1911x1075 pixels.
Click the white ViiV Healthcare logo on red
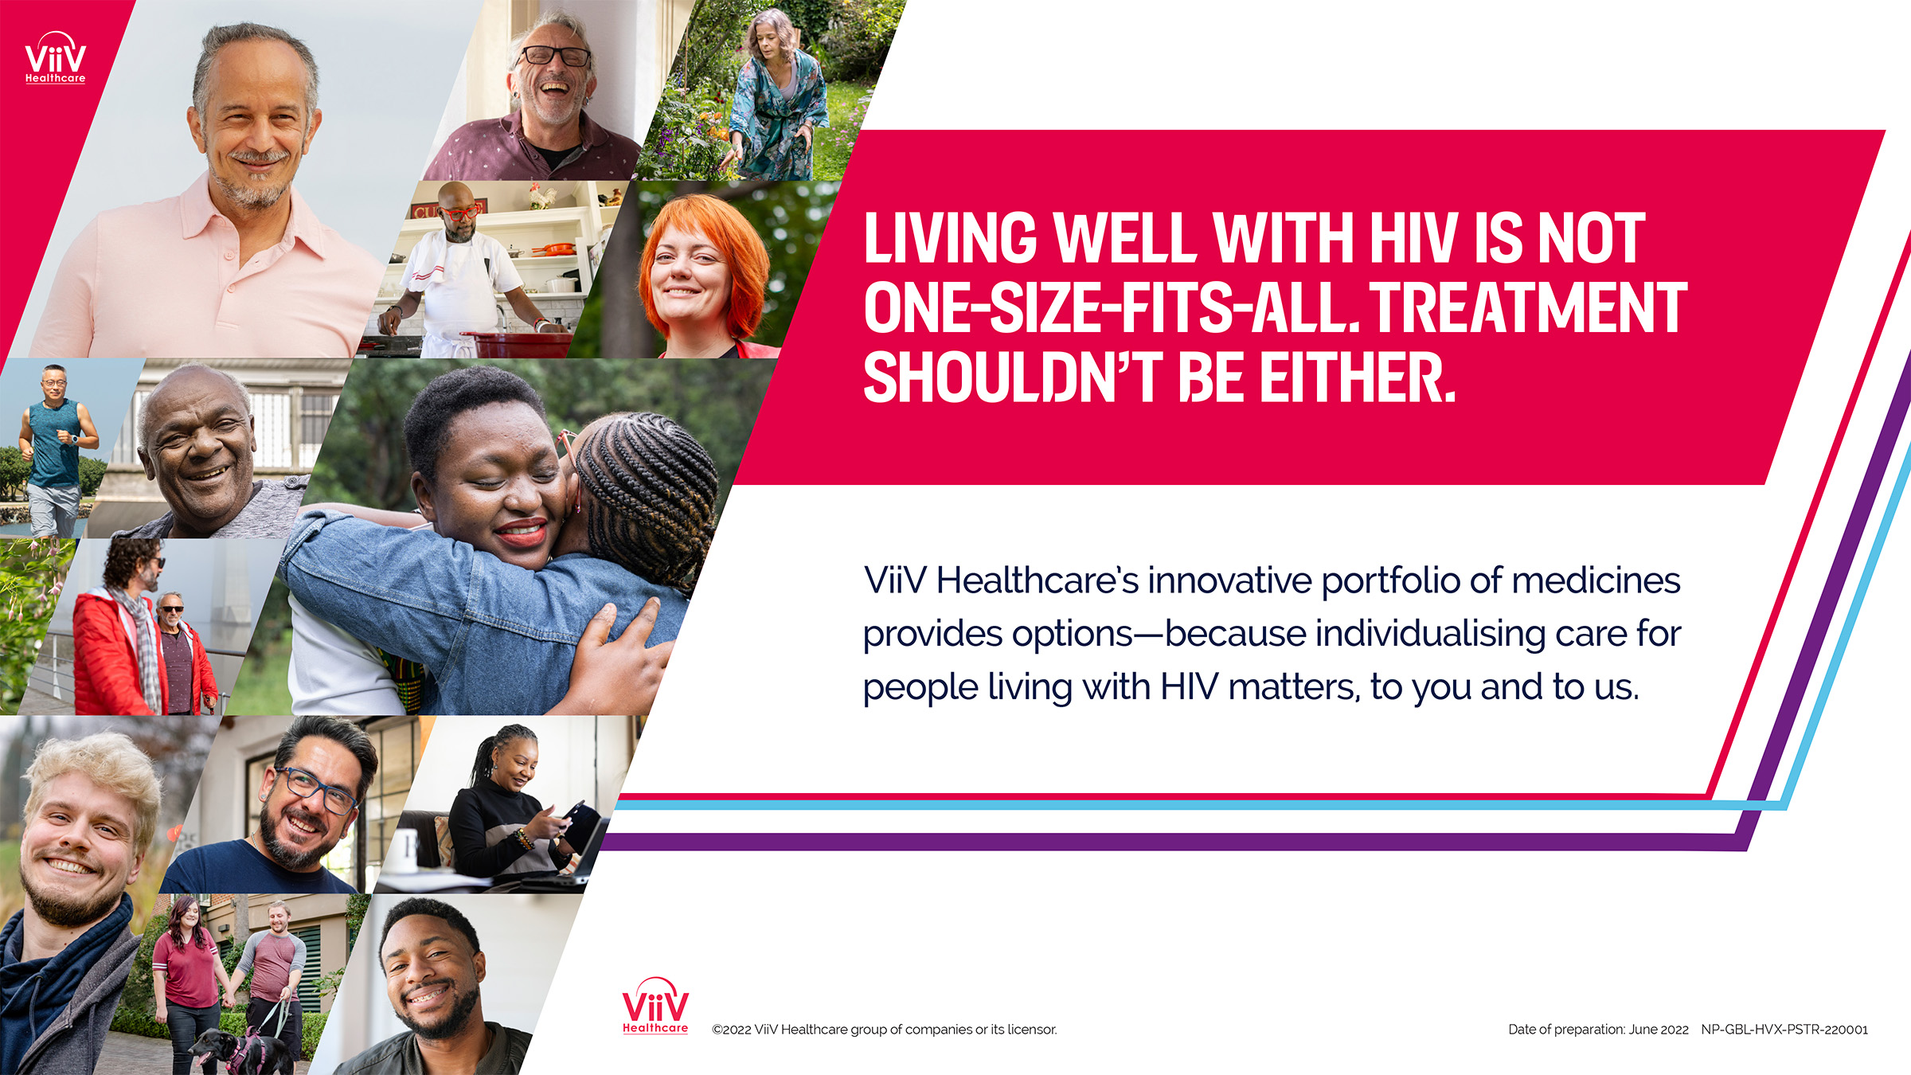(x=55, y=58)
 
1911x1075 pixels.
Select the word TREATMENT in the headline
(x=1527, y=307)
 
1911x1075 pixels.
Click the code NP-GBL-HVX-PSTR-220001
(x=1784, y=1030)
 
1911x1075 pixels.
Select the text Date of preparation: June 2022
(x=1598, y=1030)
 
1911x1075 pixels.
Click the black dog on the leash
(x=239, y=1050)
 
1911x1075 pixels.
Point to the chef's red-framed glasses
(x=461, y=213)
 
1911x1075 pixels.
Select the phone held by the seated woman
(x=576, y=810)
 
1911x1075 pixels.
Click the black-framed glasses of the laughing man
(x=555, y=57)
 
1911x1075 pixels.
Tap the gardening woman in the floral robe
(x=776, y=104)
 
